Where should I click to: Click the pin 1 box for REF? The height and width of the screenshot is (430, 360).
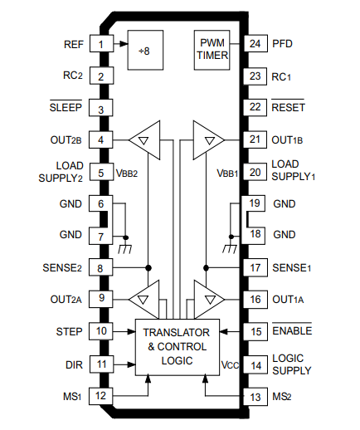point(101,43)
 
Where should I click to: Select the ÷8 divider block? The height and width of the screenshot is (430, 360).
point(145,50)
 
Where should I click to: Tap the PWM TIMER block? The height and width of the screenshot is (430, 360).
point(212,50)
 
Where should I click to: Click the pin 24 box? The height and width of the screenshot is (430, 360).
point(255,43)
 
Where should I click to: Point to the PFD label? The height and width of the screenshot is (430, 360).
point(282,44)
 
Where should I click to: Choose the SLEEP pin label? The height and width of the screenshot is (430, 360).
point(66,106)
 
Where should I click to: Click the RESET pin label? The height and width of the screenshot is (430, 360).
point(288,106)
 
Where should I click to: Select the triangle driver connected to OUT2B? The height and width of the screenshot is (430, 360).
point(144,140)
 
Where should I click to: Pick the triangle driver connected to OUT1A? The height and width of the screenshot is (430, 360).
point(209,300)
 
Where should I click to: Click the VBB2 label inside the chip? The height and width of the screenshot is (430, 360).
point(127,173)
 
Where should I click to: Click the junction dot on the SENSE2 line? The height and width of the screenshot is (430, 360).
point(148,267)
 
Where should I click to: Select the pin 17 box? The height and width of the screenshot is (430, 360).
point(255,267)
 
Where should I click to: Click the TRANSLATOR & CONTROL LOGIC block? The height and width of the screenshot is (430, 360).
point(178,347)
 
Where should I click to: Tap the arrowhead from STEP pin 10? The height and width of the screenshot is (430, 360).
point(131,331)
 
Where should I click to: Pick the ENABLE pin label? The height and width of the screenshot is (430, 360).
point(292,330)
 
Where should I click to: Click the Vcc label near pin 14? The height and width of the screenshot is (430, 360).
point(230,365)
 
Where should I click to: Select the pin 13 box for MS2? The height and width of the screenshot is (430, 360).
point(255,397)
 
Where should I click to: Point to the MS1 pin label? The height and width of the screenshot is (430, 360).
point(72,396)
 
